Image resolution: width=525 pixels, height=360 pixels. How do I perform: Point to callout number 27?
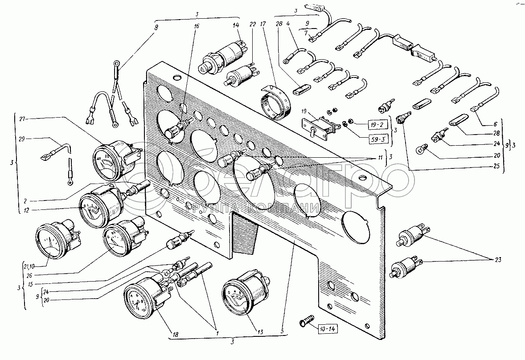24,119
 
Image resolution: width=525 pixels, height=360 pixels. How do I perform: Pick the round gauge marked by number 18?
142,299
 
